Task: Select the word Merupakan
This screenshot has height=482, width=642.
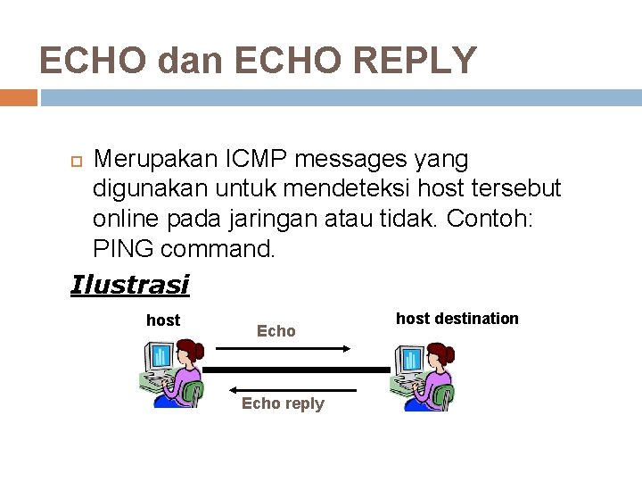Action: click(x=156, y=160)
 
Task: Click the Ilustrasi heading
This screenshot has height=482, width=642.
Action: click(x=129, y=285)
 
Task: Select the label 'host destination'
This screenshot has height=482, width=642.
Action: click(x=457, y=319)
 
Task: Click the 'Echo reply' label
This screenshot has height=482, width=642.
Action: click(x=283, y=403)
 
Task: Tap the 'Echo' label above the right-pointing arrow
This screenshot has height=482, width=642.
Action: click(x=276, y=331)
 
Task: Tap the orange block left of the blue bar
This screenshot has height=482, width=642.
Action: click(x=18, y=97)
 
